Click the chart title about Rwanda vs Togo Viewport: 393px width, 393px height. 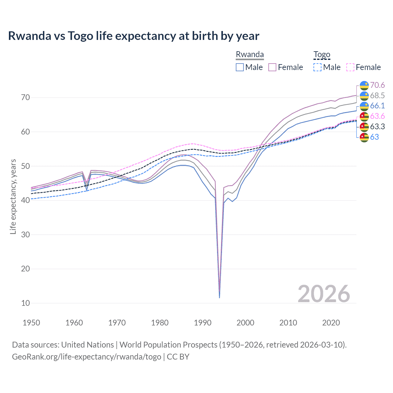coord(134,36)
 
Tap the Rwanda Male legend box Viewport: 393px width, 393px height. coord(240,67)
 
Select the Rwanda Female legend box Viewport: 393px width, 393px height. coord(272,67)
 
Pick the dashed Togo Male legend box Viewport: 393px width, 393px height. coord(317,67)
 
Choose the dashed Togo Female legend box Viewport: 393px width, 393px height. coord(350,67)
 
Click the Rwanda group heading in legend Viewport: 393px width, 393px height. coord(250,55)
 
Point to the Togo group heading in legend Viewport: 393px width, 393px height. coord(321,55)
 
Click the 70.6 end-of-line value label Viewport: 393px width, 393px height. coord(377,85)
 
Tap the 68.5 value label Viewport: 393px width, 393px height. coord(377,95)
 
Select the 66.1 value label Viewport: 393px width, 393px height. coord(377,106)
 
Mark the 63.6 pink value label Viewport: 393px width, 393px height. coord(377,116)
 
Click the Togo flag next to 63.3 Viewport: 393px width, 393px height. coord(364,126)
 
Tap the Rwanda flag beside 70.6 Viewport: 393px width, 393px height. coord(364,85)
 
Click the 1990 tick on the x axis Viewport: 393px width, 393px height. coord(203,323)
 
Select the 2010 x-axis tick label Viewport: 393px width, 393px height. coord(288,323)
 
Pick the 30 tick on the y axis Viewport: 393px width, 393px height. coord(25,235)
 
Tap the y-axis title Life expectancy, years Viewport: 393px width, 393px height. coord(13,196)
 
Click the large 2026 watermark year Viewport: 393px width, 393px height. coord(324,294)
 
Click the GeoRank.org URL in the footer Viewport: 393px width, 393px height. coord(87,357)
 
